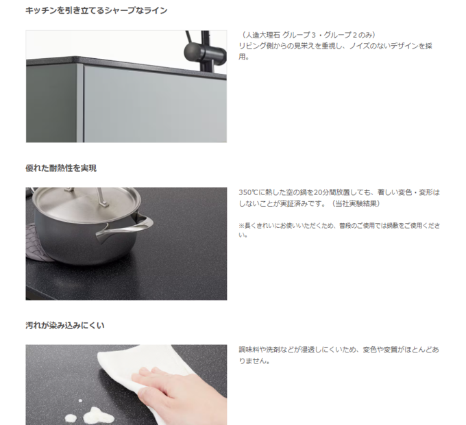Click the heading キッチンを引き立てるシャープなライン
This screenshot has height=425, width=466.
point(97,11)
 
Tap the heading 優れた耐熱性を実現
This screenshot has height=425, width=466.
point(61,168)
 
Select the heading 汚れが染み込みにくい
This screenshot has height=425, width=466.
point(65,326)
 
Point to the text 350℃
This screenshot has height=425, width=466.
point(249,192)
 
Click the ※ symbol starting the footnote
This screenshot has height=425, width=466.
point(242,226)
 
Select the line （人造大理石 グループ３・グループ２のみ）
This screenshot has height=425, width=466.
point(308,35)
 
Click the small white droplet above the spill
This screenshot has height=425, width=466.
point(80,401)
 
